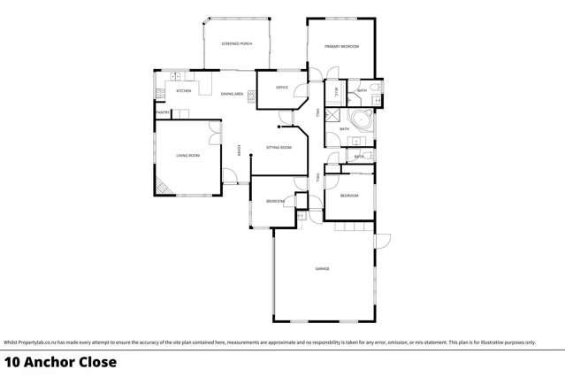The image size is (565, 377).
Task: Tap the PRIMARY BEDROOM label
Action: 341,46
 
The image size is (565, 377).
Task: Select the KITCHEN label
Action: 184,91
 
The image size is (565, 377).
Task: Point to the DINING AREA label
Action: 233,94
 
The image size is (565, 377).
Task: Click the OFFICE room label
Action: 282,88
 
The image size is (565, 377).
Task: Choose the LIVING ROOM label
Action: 188,156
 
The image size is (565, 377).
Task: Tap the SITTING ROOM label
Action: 279,148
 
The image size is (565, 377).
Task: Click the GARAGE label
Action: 323,268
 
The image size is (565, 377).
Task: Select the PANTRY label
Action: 163,113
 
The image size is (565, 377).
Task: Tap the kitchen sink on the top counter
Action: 175,76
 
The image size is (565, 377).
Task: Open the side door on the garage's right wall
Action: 382,241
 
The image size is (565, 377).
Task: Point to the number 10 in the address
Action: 11,362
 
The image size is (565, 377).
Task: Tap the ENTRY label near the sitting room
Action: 238,152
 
